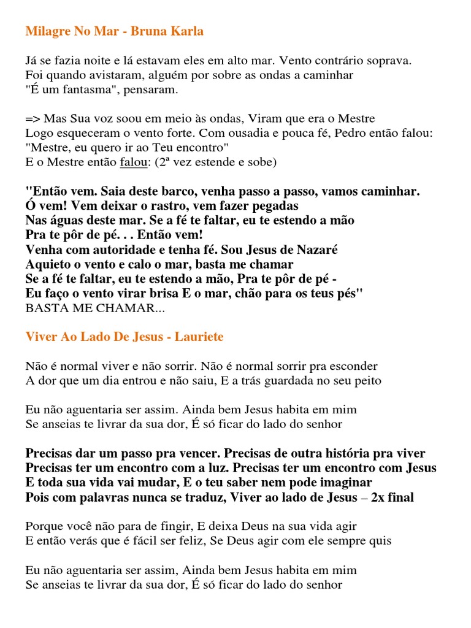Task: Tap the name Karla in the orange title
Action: click(188, 31)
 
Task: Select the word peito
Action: click(367, 380)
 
